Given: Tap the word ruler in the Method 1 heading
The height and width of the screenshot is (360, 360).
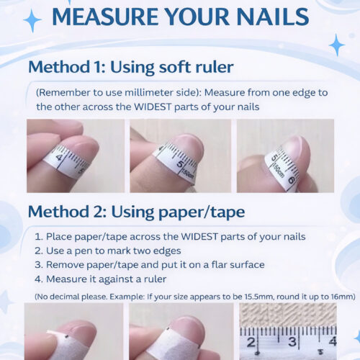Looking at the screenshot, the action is pyautogui.click(x=215, y=67).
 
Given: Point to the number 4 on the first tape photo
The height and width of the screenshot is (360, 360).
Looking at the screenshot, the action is pyautogui.click(x=59, y=158).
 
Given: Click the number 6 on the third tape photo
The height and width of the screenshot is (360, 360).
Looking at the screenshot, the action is pyautogui.click(x=291, y=179).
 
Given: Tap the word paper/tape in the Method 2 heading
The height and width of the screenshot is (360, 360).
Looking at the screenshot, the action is pyautogui.click(x=202, y=212).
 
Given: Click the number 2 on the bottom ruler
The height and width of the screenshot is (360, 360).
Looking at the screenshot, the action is pyautogui.click(x=251, y=342).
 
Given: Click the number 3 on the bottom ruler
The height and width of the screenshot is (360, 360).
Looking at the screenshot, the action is pyautogui.click(x=292, y=341).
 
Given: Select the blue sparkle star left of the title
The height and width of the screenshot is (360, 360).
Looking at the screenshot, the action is pyautogui.click(x=32, y=20).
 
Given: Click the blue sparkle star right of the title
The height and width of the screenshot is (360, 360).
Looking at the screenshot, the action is pyautogui.click(x=337, y=45).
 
